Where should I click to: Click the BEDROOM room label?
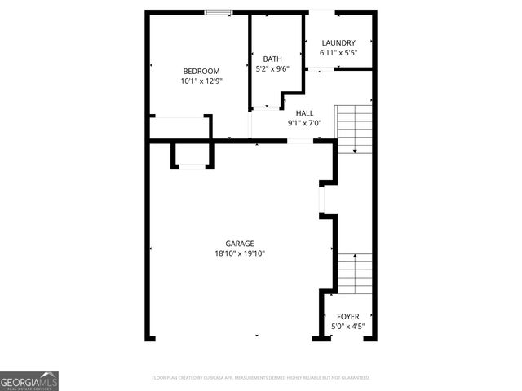click(x=201, y=71)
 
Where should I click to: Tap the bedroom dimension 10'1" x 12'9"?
click(x=201, y=81)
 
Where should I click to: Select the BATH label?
click(x=272, y=59)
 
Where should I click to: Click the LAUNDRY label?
click(x=338, y=43)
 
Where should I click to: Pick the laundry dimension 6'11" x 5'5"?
click(x=338, y=54)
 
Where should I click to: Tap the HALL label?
click(x=304, y=113)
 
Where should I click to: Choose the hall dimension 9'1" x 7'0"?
click(x=304, y=124)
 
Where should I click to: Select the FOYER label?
click(x=347, y=316)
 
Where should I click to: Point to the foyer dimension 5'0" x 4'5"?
click(x=347, y=327)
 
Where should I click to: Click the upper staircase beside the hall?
click(x=355, y=128)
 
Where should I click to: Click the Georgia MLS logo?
click(x=29, y=380)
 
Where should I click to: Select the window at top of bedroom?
click(x=218, y=12)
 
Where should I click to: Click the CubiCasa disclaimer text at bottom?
click(x=261, y=378)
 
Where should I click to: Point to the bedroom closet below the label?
click(x=179, y=128)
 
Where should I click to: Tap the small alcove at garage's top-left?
click(x=192, y=155)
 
